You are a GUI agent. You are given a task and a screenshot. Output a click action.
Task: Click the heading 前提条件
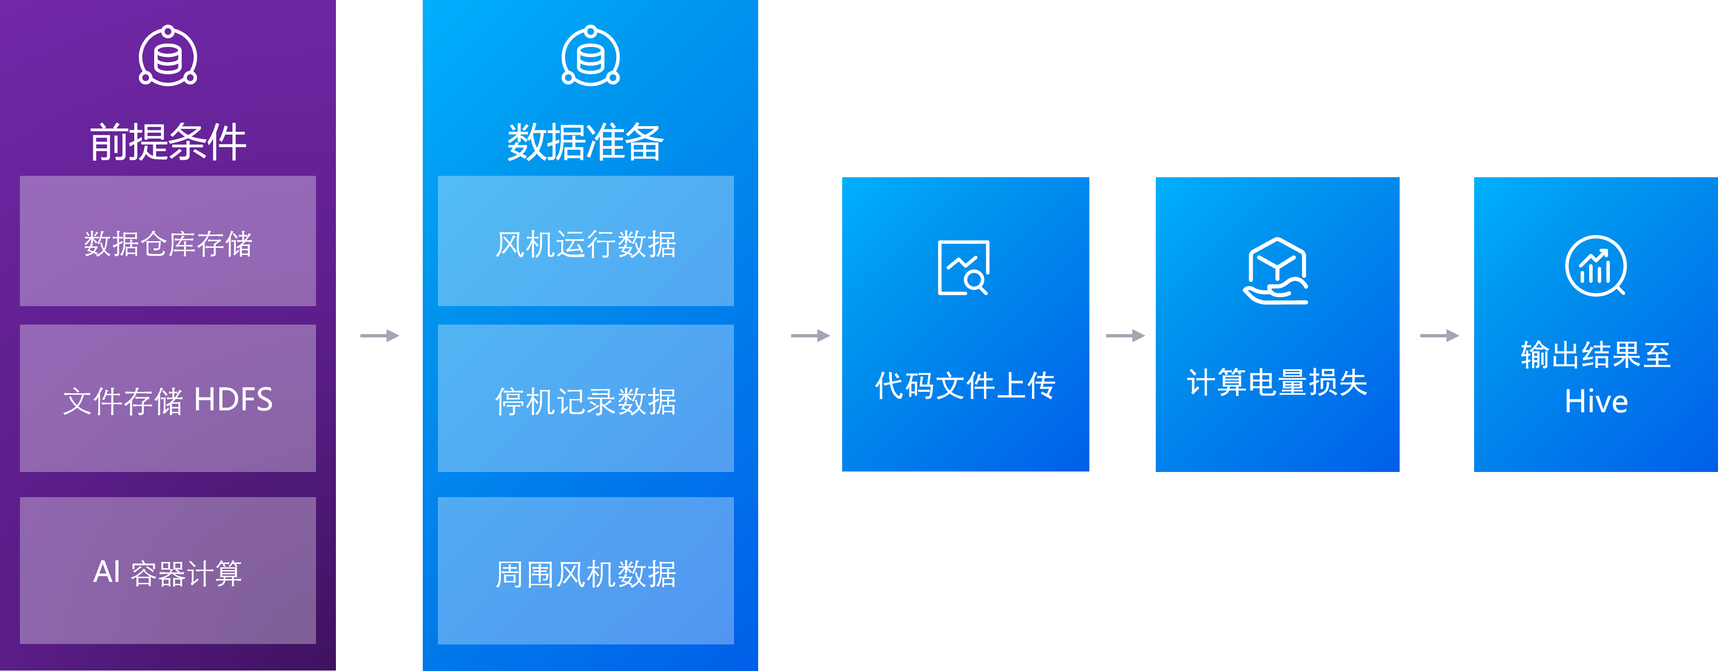point(168,142)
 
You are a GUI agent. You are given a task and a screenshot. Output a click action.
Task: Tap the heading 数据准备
point(585,142)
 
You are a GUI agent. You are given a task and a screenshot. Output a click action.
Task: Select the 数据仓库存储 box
point(168,241)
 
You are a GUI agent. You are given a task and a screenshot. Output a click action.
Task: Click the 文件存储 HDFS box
point(168,399)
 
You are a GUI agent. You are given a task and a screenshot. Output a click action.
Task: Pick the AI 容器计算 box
point(168,571)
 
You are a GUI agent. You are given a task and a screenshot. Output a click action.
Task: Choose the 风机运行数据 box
point(585,241)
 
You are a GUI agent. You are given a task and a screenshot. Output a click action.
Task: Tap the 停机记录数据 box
point(585,399)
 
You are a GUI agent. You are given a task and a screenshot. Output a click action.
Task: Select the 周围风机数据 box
point(585,571)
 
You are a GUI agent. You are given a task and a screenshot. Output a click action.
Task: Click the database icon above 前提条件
point(168,57)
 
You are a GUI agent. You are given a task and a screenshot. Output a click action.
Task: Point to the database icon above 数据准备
point(590,57)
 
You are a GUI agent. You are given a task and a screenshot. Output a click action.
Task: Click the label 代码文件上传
point(965,385)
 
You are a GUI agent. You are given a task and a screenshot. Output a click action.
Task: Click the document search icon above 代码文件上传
point(964,268)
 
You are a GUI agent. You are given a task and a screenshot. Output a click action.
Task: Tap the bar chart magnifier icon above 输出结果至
point(1595,266)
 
